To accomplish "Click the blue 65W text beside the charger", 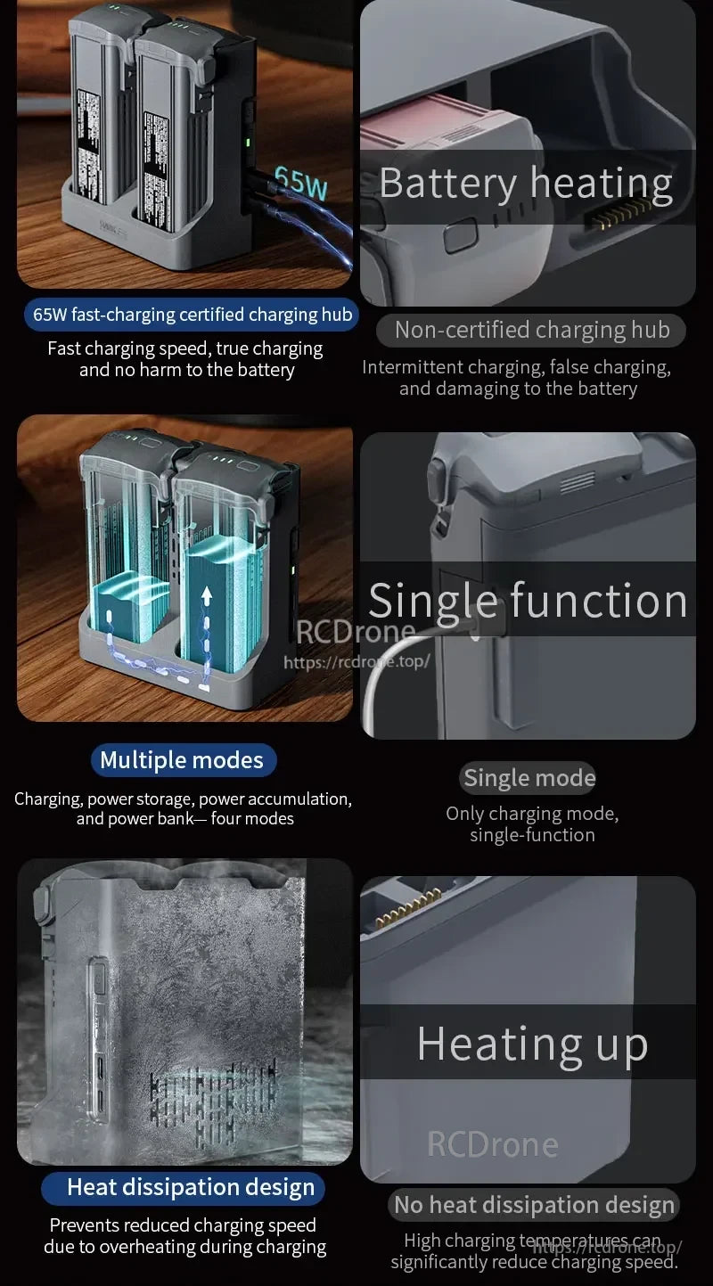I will [x=301, y=184].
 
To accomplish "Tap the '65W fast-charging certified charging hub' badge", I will [x=193, y=315].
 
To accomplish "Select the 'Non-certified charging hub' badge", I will [x=531, y=331].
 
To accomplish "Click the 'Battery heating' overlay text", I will [x=526, y=184].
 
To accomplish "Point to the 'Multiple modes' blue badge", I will [x=182, y=760].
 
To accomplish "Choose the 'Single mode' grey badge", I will [x=529, y=778].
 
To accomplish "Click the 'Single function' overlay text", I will [x=528, y=600].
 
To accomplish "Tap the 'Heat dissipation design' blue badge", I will [x=190, y=1187].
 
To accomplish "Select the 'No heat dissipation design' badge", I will [x=534, y=1206].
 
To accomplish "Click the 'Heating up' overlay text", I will [x=532, y=1044].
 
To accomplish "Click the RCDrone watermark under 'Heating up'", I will [x=493, y=1144].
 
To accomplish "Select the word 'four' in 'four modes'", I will [x=231, y=818].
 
